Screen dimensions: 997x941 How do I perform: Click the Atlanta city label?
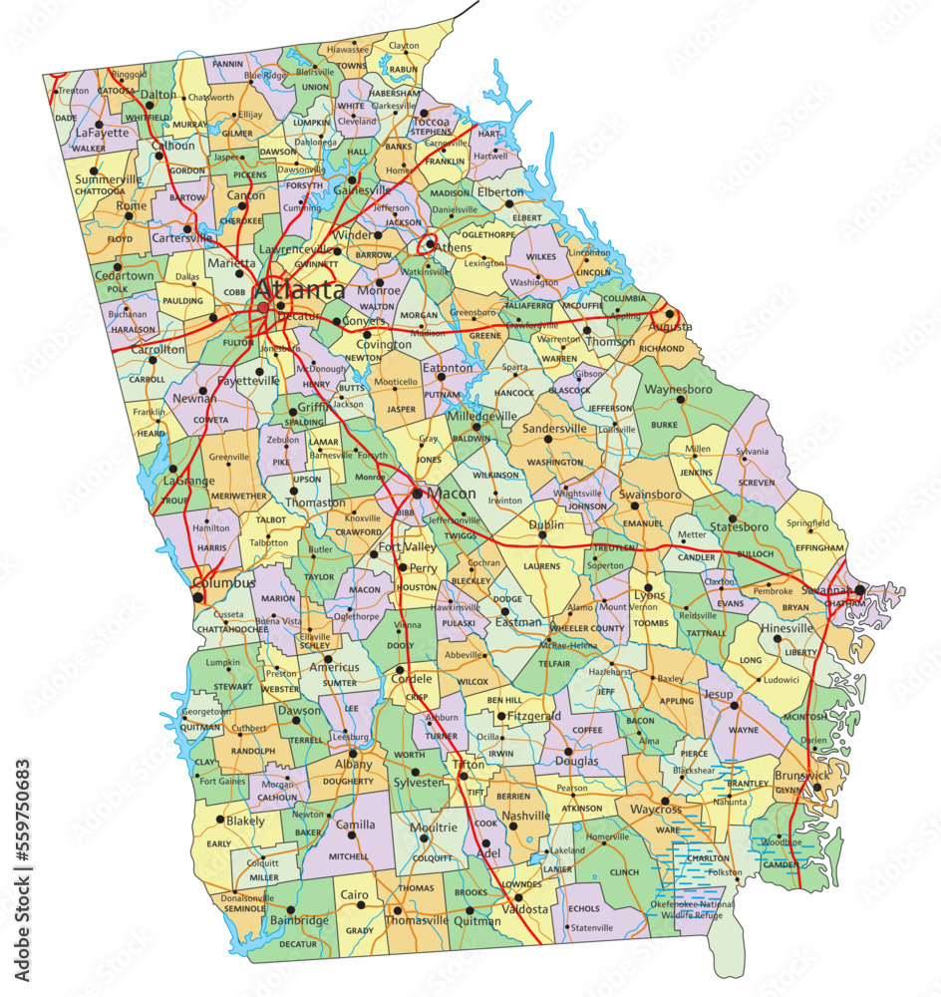(x=298, y=291)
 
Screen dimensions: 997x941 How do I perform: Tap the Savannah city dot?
(x=859, y=589)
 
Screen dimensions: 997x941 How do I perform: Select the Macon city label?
(x=452, y=494)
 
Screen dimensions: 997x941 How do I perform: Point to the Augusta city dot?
(x=670, y=313)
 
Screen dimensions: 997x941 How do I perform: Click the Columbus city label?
(x=223, y=582)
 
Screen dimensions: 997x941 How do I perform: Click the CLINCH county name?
(x=624, y=872)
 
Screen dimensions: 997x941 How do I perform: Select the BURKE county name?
(x=664, y=424)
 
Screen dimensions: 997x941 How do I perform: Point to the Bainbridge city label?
(x=300, y=920)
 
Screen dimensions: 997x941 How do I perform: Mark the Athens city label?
(x=455, y=247)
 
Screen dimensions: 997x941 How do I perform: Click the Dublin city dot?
(x=543, y=535)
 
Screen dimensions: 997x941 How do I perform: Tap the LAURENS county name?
(x=541, y=566)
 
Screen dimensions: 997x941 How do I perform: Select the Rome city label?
(x=131, y=205)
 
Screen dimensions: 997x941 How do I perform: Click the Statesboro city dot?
(x=733, y=519)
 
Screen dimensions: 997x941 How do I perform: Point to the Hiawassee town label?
(x=348, y=48)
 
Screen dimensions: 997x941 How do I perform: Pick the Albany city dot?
(x=352, y=753)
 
